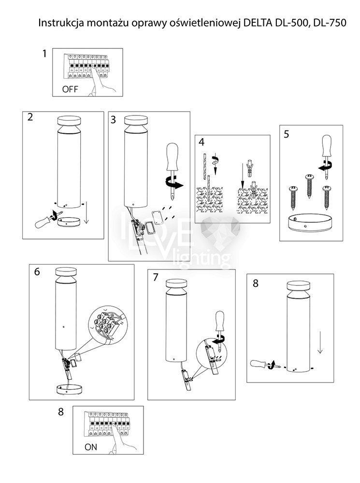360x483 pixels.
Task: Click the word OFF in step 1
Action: click(70, 89)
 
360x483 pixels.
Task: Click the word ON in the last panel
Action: click(91, 447)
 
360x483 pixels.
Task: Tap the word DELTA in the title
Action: click(259, 23)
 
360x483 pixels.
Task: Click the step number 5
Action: click(287, 134)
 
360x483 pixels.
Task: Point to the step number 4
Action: click(202, 142)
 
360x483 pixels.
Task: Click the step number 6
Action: click(37, 271)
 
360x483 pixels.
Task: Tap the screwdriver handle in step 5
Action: click(326, 146)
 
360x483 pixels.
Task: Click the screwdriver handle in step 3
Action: click(172, 156)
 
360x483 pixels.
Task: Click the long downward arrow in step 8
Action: click(320, 342)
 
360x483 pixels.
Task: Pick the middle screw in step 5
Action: click(309, 186)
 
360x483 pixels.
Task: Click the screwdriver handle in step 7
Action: click(220, 322)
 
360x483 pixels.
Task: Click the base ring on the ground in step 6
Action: click(70, 389)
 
